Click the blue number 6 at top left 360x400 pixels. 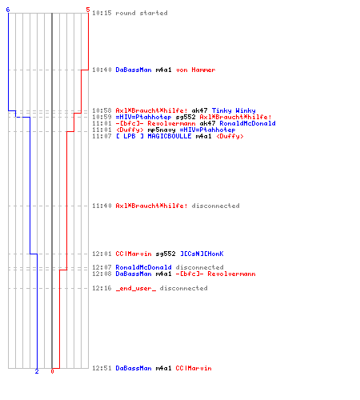click(8, 10)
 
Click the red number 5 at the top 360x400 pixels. click(88, 10)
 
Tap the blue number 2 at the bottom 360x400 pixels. click(37, 371)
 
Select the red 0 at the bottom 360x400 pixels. click(52, 371)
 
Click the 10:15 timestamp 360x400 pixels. click(102, 13)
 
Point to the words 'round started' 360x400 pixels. click(142, 13)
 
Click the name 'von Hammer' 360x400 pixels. click(196, 70)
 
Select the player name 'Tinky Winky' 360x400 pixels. click(234, 110)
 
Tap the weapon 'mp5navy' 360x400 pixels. click(162, 130)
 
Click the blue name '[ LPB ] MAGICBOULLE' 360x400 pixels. click(154, 136)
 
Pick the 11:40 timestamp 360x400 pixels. click(102, 206)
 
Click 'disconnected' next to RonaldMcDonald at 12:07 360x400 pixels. click(199, 267)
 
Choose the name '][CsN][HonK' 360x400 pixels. click(202, 254)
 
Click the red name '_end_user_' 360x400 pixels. click(136, 289)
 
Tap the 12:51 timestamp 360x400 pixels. click(102, 368)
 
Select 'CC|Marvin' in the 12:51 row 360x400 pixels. click(194, 368)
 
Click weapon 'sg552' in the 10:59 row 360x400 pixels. click(186, 117)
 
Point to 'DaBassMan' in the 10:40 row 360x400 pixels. click(134, 70)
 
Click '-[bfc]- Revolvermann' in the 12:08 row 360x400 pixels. click(215, 274)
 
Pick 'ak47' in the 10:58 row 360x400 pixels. click(199, 110)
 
